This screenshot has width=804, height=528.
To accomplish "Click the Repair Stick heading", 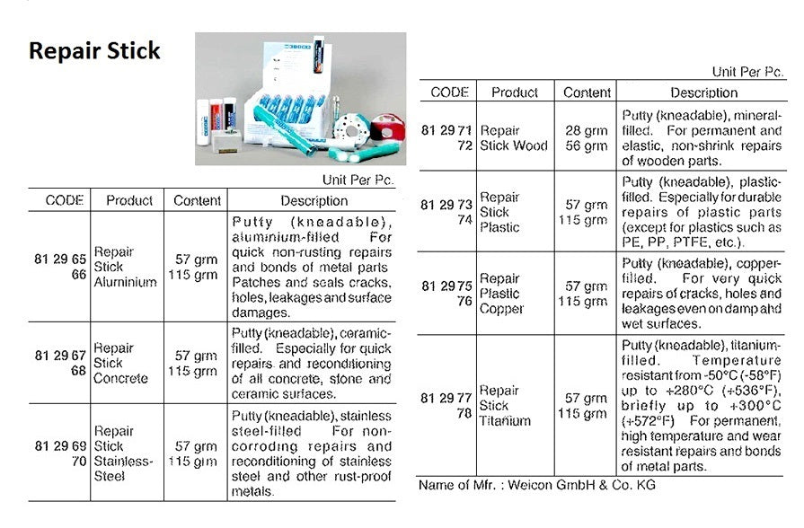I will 94,50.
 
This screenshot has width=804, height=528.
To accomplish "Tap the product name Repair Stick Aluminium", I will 125,267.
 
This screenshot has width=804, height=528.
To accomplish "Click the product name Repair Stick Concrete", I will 120,363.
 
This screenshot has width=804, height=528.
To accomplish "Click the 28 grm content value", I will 586,131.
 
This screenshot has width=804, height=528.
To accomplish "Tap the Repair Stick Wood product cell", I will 514,138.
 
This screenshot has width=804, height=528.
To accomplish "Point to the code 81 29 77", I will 450,399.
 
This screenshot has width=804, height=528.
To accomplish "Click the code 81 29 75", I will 450,286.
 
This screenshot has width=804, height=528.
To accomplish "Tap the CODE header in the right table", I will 450,92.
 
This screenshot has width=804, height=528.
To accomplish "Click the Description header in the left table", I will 314,200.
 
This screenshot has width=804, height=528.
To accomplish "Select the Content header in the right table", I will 587,92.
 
